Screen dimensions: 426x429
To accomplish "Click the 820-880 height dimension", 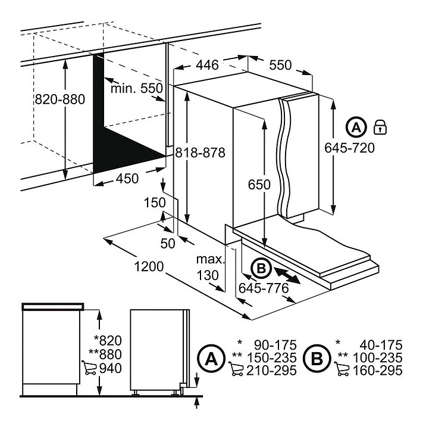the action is [x=60, y=99].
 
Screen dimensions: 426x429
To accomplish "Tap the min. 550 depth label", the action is [x=137, y=88].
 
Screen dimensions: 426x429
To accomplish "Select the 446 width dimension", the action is [x=208, y=65].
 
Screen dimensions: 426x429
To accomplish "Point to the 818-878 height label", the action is [x=200, y=153].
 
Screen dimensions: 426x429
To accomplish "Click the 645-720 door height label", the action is [x=349, y=148].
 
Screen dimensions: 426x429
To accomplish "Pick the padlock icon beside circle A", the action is [x=380, y=127].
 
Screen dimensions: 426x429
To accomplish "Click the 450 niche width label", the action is [x=127, y=179].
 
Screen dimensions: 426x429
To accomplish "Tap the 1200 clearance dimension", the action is [x=149, y=266].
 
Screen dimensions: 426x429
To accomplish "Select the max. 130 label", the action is [x=210, y=267].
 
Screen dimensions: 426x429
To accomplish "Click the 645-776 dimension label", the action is [x=264, y=288].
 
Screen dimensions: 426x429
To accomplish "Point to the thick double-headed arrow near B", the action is [x=287, y=276].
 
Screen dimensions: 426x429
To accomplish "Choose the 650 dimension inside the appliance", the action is [x=259, y=185].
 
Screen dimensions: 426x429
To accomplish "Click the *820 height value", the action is [x=108, y=341].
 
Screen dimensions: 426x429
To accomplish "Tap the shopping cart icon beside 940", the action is [x=89, y=368].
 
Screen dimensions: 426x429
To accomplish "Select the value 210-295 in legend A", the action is [x=271, y=371].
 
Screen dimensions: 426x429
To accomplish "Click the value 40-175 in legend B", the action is [x=381, y=345].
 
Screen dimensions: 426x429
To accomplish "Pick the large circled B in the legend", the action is [x=317, y=358].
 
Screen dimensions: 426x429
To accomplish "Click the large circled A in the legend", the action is [x=211, y=359].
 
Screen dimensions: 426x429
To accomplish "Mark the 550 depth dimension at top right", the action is [x=280, y=65].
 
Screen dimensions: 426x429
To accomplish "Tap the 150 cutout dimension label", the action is [x=155, y=203].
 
